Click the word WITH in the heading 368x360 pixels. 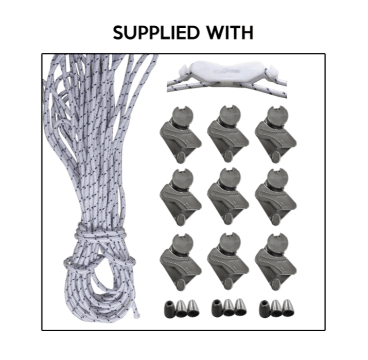pos(230,32)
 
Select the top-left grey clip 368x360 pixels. pos(181,134)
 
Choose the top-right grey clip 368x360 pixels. pos(275,134)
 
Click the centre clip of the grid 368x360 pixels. pos(228,196)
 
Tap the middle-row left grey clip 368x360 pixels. pos(181,197)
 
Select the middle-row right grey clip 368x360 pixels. pos(275,197)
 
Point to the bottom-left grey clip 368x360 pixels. pos(181,262)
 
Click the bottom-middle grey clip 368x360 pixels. pos(228,262)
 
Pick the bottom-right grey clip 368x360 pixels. pos(275,262)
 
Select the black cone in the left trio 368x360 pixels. pos(170,309)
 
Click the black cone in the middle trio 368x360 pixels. pos(217,308)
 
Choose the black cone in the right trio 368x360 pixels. pos(265,309)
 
